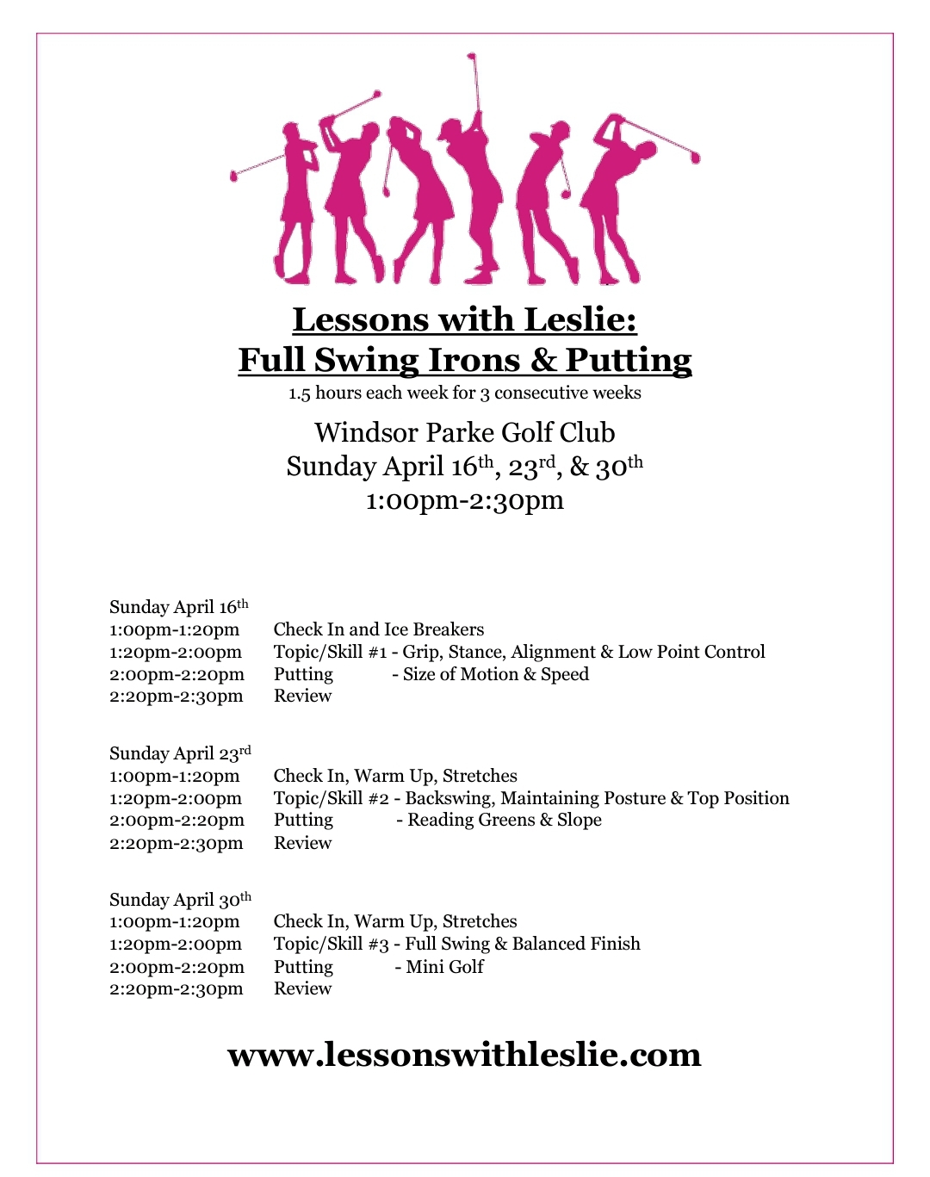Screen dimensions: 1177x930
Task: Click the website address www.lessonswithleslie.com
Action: point(464,1054)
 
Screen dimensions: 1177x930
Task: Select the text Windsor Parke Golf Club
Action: point(464,432)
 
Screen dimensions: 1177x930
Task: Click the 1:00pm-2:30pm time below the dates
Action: point(464,499)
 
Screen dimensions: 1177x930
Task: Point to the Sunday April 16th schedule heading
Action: point(178,606)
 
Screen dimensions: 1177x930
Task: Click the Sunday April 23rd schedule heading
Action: point(180,753)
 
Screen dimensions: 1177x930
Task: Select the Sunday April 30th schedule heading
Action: point(180,900)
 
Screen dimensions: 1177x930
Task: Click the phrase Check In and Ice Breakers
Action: point(379,629)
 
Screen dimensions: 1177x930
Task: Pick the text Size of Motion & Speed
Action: point(495,674)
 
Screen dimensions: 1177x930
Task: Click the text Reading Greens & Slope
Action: point(505,820)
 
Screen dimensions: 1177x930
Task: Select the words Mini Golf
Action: point(444,966)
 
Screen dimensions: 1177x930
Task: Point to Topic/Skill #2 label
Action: point(332,798)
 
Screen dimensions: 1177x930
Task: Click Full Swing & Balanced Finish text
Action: point(523,944)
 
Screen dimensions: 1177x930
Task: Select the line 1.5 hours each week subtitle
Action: point(464,393)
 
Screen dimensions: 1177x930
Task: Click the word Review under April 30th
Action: point(302,988)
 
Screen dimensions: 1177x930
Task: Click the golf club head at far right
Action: point(695,158)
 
